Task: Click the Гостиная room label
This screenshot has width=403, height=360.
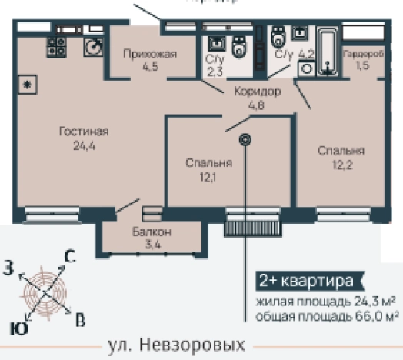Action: (83, 132)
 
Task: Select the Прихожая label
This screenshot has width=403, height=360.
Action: (151, 53)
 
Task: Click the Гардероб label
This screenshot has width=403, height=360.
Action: (359, 55)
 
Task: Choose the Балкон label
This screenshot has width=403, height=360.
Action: (151, 232)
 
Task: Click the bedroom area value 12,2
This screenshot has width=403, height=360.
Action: (341, 164)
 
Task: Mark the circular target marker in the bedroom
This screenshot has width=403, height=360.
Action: (245, 140)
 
